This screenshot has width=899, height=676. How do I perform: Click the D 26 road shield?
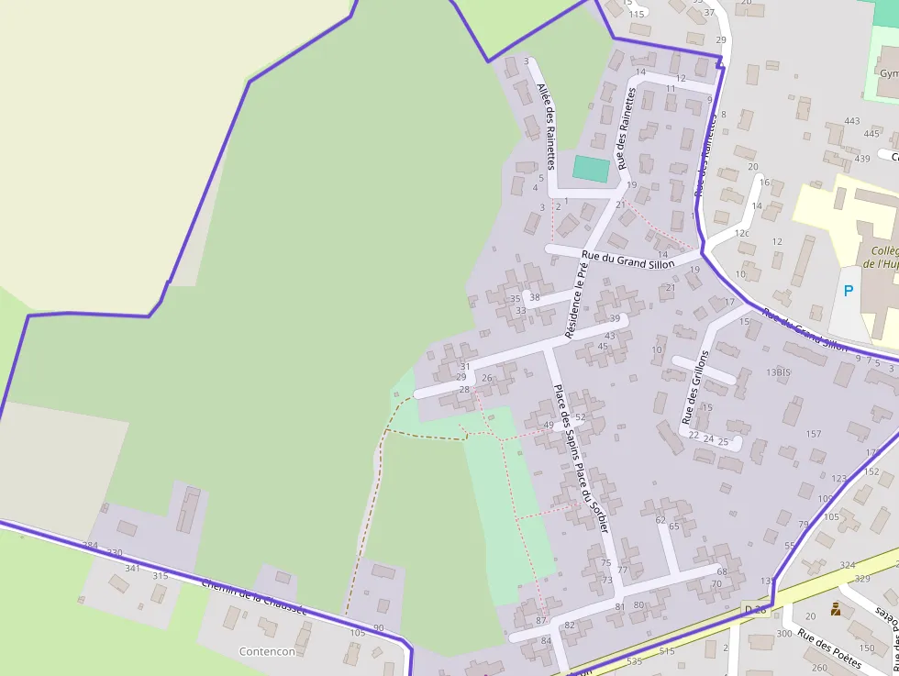754,609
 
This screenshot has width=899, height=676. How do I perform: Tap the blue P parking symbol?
849,291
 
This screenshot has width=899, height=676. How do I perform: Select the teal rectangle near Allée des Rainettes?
591,169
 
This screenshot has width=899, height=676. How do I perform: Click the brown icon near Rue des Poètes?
836,608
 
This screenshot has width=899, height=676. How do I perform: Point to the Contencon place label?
267,651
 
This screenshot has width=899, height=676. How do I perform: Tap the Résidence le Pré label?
576,301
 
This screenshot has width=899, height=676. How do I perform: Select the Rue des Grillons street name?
694,387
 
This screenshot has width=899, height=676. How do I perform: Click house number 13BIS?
778,372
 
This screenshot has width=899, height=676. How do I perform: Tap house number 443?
852,121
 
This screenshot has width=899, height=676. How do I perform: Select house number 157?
813,434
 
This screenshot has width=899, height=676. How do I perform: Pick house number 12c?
741,234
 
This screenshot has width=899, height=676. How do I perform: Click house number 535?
635,660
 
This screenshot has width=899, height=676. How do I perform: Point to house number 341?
133,569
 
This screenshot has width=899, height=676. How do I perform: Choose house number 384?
90,546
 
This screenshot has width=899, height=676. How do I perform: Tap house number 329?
862,579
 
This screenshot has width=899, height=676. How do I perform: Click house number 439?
861,159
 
